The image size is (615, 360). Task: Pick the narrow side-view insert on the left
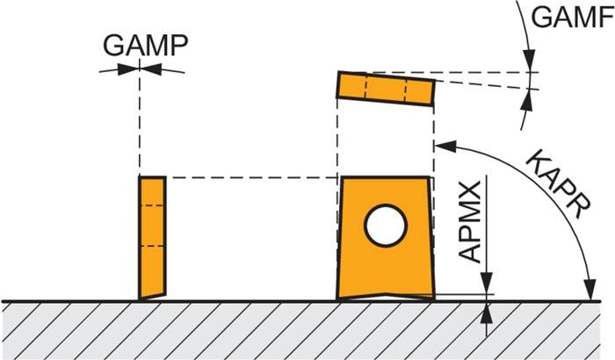153,237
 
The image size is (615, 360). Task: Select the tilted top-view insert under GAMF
387,89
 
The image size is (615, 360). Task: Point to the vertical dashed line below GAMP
139,123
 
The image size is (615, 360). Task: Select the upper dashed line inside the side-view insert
153,205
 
